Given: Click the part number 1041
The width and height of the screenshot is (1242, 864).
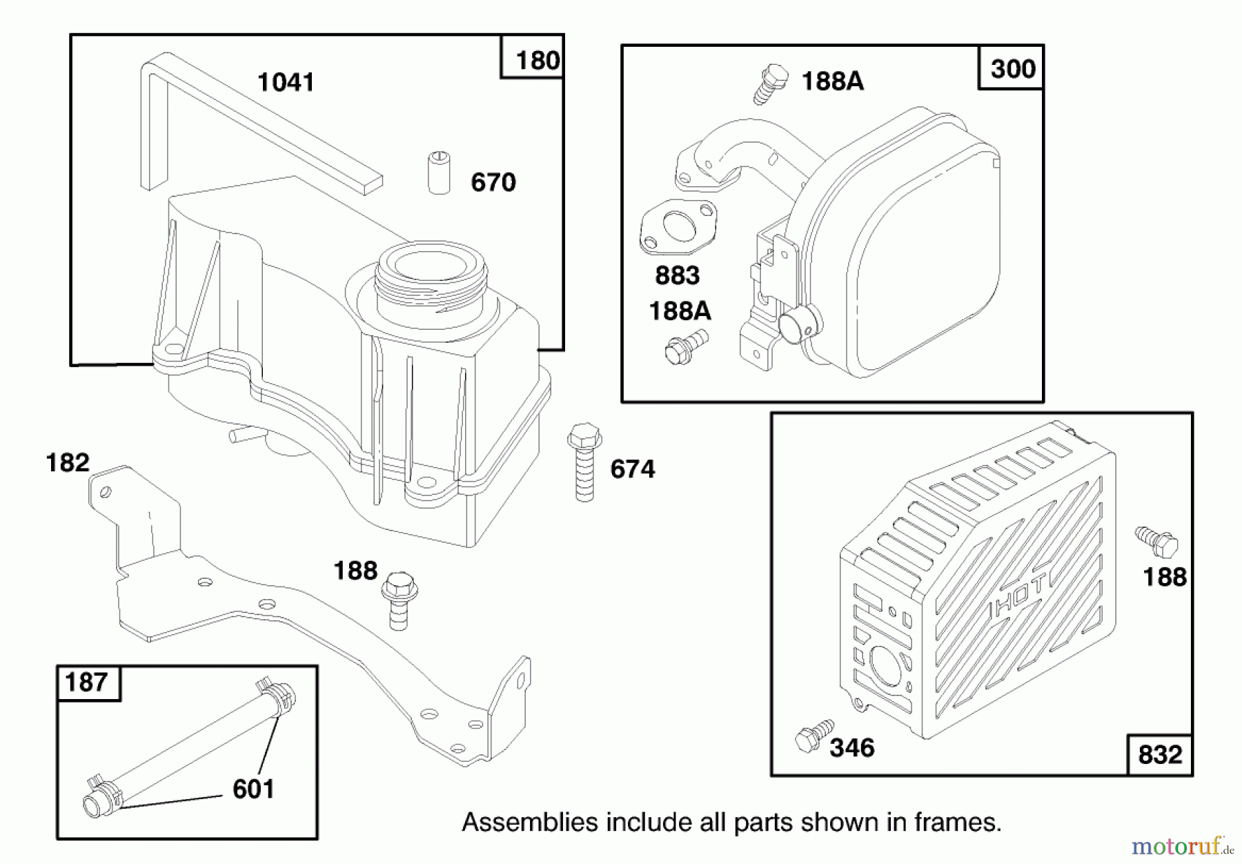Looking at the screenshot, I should (x=286, y=82).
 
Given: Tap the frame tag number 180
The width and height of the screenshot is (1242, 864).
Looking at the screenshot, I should (x=538, y=61).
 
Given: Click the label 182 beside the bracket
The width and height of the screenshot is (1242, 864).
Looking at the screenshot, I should (x=68, y=462).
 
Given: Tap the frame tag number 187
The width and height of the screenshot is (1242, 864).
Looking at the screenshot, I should (x=86, y=683).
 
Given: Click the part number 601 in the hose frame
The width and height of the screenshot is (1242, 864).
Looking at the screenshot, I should (x=253, y=789).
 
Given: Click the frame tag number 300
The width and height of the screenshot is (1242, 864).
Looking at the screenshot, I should (x=1012, y=69).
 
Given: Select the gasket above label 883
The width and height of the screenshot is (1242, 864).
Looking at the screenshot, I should (x=678, y=228).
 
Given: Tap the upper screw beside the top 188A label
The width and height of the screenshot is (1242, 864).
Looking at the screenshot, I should (x=771, y=84).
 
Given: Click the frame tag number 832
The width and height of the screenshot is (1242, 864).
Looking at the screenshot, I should (x=1160, y=755).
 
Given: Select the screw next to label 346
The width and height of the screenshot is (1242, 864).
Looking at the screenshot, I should (x=813, y=736).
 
